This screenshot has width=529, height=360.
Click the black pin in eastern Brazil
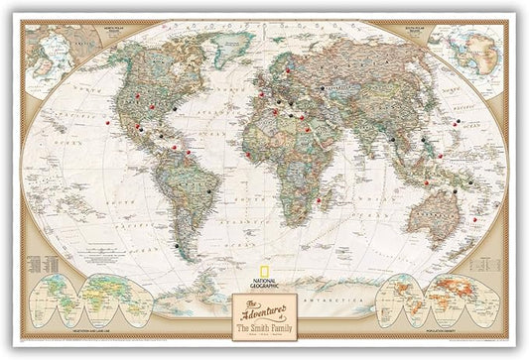[x=211, y=190]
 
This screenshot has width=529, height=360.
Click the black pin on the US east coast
[x=172, y=103]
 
